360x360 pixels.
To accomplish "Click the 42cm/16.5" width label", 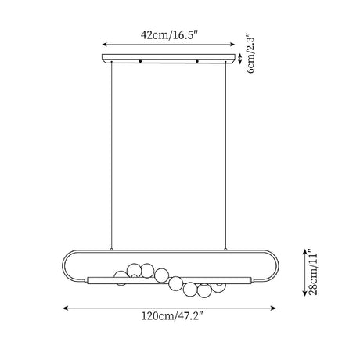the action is click(x=170, y=35).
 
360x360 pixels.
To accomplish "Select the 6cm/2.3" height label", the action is click(x=250, y=53).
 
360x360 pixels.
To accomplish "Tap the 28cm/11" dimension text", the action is click(x=313, y=272).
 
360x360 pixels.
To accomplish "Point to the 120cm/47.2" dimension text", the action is click(x=172, y=316).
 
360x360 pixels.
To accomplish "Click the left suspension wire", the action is click(x=111, y=156).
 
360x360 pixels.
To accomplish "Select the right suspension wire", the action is click(x=225, y=156).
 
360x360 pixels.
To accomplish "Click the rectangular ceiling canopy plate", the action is click(x=168, y=59).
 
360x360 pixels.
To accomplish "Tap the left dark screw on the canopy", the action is click(x=140, y=61).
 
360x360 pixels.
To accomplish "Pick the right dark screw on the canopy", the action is click(x=197, y=61).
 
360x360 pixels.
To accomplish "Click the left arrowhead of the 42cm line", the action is click(x=104, y=45).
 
